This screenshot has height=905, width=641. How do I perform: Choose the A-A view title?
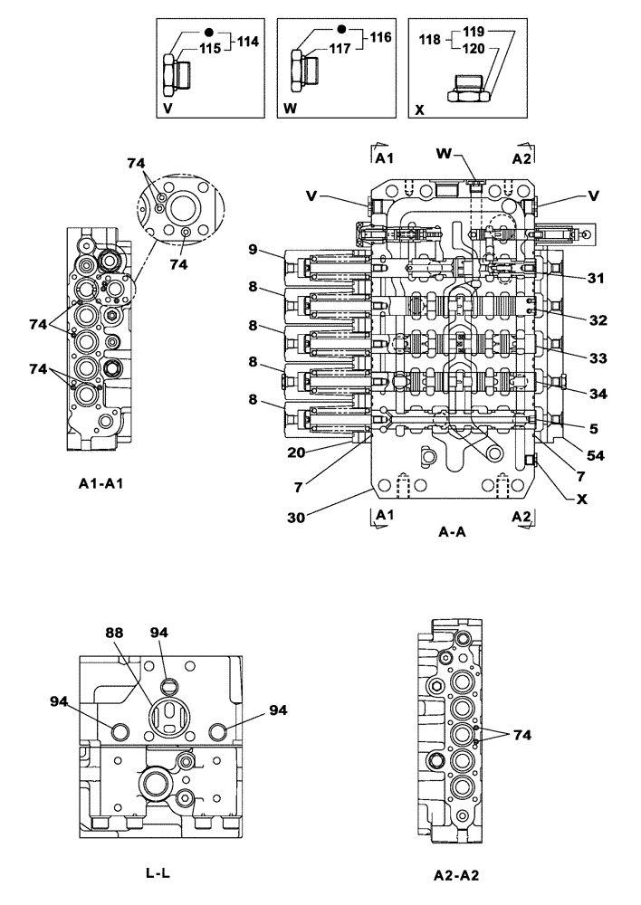point(452,533)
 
